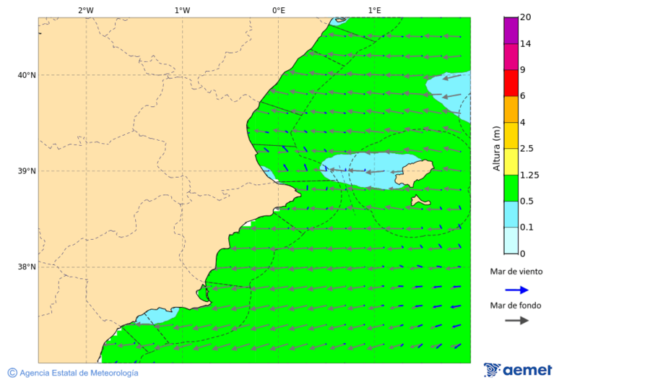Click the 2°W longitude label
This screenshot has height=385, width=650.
[85, 10]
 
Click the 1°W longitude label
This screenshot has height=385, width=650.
[182, 10]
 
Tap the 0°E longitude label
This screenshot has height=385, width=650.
[278, 10]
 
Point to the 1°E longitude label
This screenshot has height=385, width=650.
[374, 10]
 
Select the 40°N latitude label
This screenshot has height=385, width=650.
[26, 75]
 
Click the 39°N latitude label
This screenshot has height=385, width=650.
[26, 171]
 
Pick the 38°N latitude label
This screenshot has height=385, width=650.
[26, 267]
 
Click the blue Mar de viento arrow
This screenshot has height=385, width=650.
[516, 289]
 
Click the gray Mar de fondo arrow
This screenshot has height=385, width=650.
[516, 321]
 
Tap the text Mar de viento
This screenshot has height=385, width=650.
[516, 272]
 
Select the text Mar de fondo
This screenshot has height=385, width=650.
[516, 306]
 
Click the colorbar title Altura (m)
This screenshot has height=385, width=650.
[496, 148]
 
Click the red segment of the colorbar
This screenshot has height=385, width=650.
[511, 83]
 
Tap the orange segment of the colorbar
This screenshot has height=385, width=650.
[511, 109]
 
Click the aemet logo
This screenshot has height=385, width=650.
[518, 370]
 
